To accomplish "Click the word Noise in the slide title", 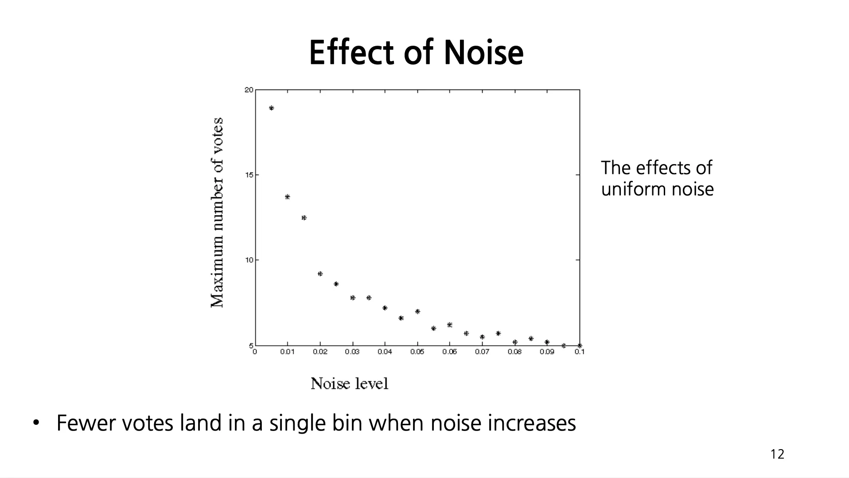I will point(483,53).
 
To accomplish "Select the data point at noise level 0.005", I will point(272,108).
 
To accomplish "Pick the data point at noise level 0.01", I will point(288,197).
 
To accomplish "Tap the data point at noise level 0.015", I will point(304,218).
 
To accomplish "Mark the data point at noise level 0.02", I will point(320,274).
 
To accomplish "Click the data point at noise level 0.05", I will point(417,312).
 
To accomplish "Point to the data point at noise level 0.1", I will point(580,345).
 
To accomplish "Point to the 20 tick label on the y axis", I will point(249,90).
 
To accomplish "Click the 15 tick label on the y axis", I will point(249,175).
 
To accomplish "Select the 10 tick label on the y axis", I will point(249,260).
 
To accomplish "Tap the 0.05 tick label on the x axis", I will point(417,352).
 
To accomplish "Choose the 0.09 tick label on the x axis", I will point(547,352).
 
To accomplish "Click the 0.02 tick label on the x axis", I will point(320,352).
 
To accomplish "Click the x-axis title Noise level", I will point(349,384).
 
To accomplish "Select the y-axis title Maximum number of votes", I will point(217,213).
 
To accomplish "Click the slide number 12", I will point(777,454).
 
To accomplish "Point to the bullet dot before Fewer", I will point(36,422).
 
